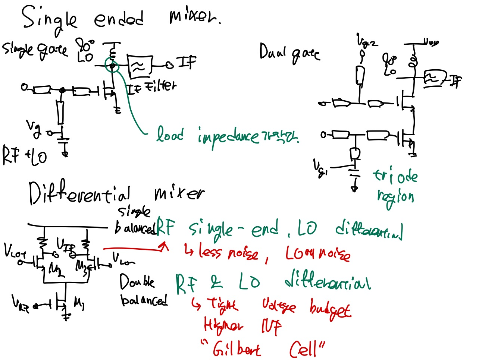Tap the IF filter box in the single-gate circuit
click(140, 66)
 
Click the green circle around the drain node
click(112, 66)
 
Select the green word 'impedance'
click(228, 136)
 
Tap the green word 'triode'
click(395, 176)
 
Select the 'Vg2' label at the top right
click(367, 40)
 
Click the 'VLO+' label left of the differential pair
click(15, 252)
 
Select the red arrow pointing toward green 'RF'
click(136, 247)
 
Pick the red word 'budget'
click(330, 309)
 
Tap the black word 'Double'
click(137, 282)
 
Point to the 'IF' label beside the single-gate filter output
click(187, 62)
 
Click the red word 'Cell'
click(304, 349)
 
